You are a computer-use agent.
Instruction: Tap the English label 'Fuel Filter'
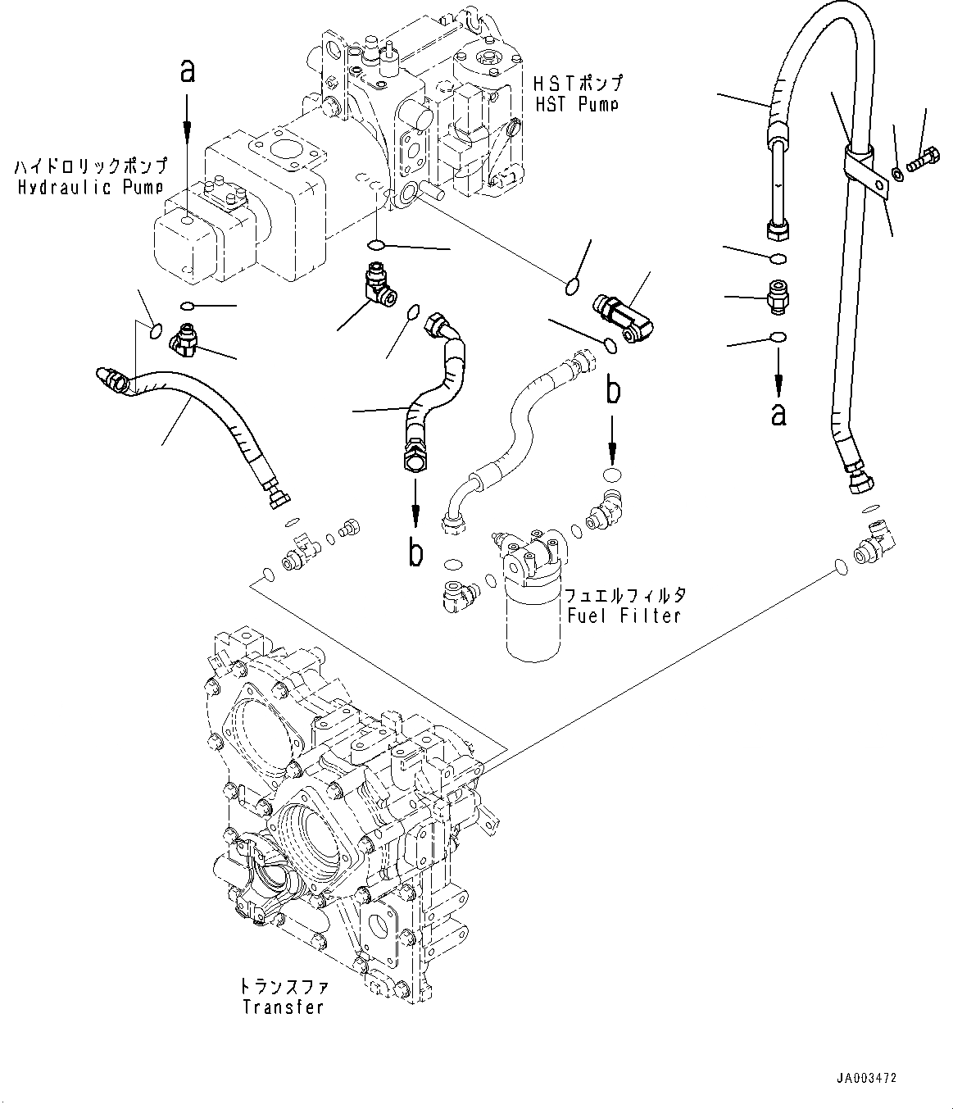(624, 616)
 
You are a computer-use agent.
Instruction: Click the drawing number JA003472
(865, 1078)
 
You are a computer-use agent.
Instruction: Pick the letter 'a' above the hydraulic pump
(187, 70)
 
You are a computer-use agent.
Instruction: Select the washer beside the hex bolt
(897, 174)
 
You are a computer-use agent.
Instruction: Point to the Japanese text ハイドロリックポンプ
(91, 166)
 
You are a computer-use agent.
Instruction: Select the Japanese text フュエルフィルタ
(624, 595)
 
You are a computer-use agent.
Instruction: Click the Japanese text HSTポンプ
(579, 82)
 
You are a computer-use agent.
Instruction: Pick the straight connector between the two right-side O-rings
(778, 297)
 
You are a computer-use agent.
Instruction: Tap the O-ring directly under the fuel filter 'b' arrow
(612, 475)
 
